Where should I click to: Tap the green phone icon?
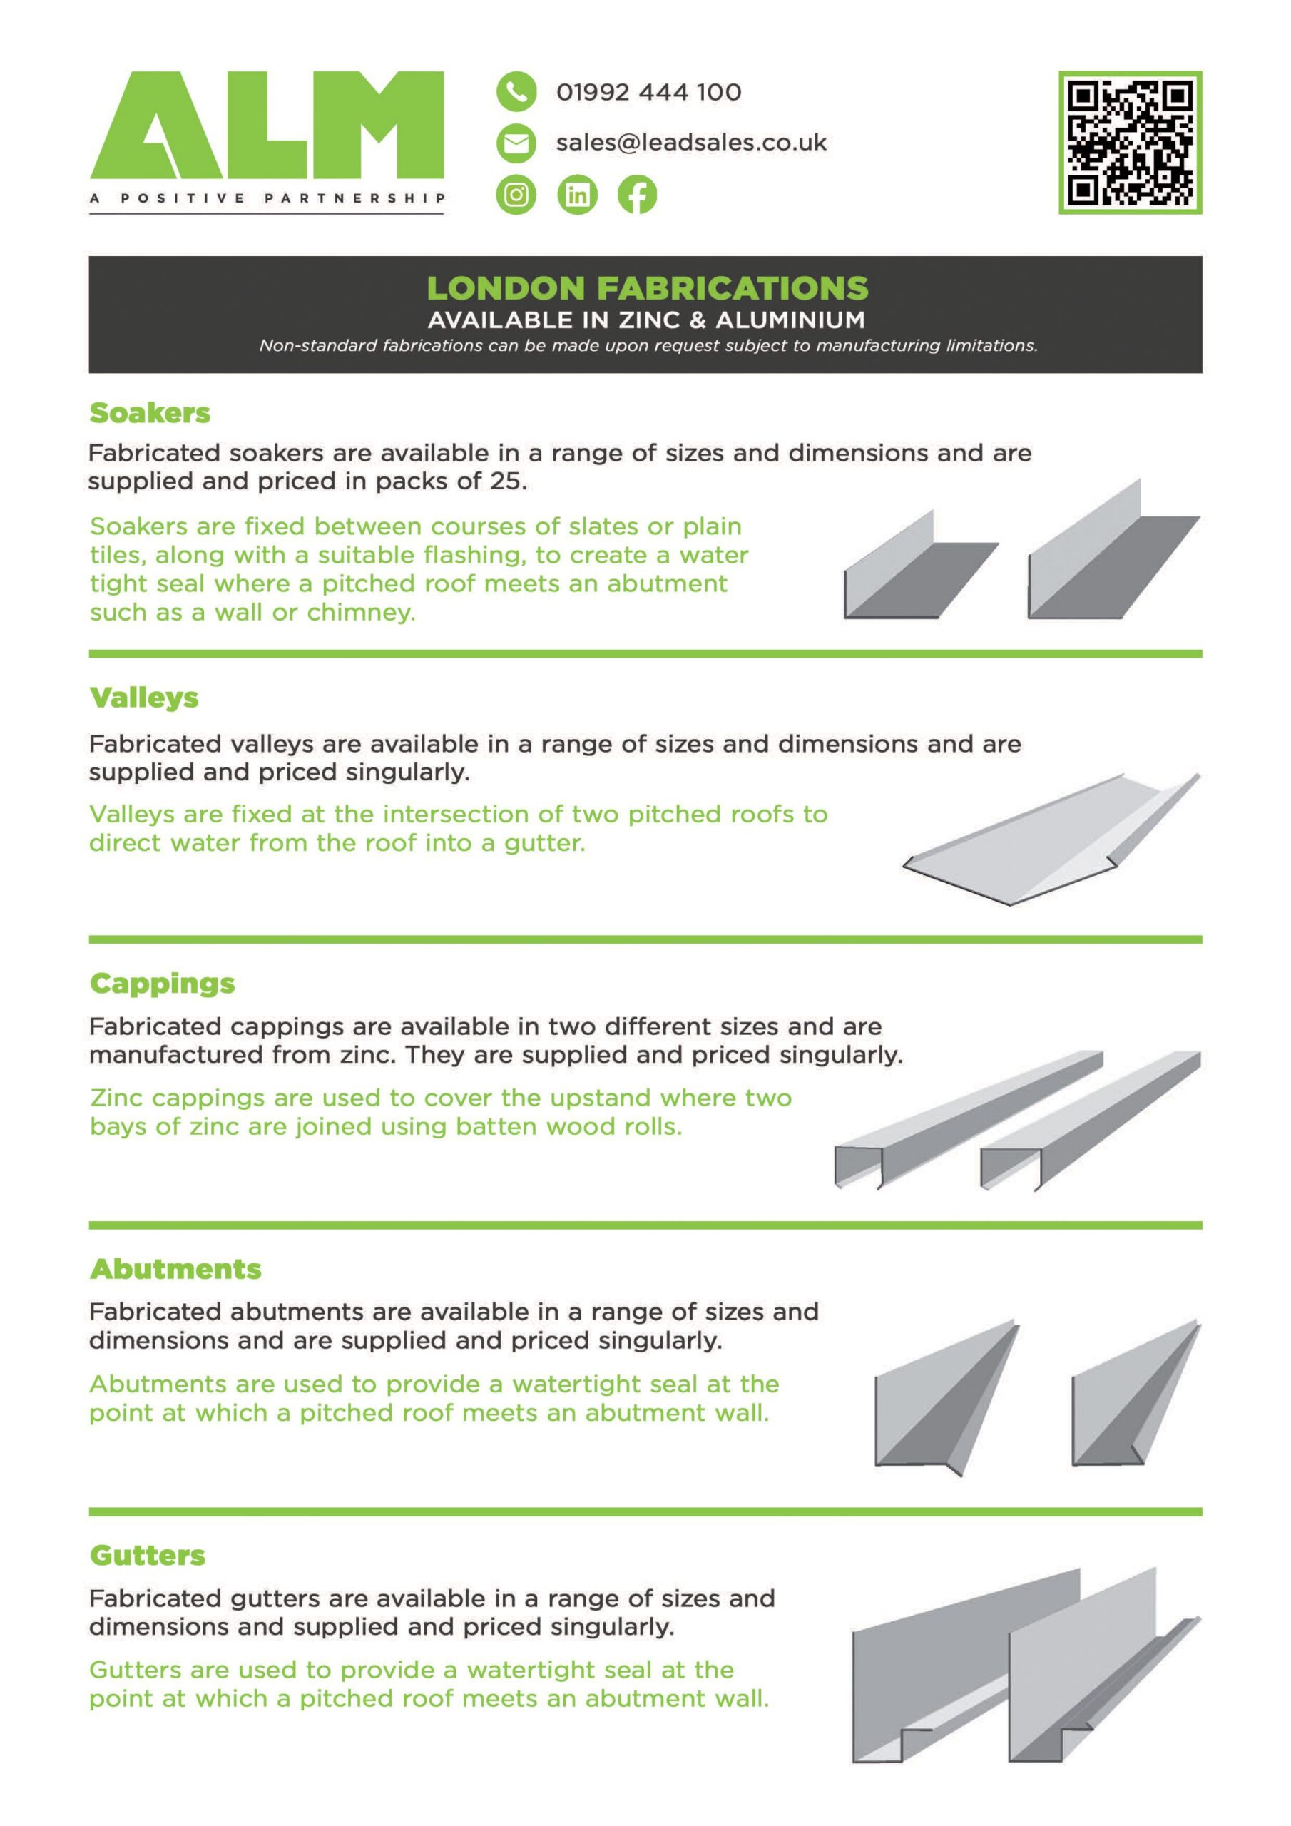[x=516, y=91]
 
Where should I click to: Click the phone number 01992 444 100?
[x=648, y=92]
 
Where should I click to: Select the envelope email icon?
[x=516, y=143]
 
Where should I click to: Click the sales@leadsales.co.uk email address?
[x=691, y=143]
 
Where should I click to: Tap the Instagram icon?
[x=516, y=195]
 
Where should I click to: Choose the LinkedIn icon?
[x=578, y=195]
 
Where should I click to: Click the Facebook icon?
[x=637, y=195]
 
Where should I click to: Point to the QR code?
[x=1130, y=143]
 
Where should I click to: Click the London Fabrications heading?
[x=648, y=288]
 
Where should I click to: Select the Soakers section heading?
[x=150, y=413]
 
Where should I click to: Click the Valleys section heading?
[x=144, y=698]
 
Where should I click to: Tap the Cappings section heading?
[x=163, y=984]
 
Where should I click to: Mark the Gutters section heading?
[x=147, y=1556]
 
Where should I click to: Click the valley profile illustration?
[x=1051, y=839]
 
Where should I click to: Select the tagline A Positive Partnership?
[x=267, y=199]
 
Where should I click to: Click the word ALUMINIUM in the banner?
[x=791, y=320]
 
